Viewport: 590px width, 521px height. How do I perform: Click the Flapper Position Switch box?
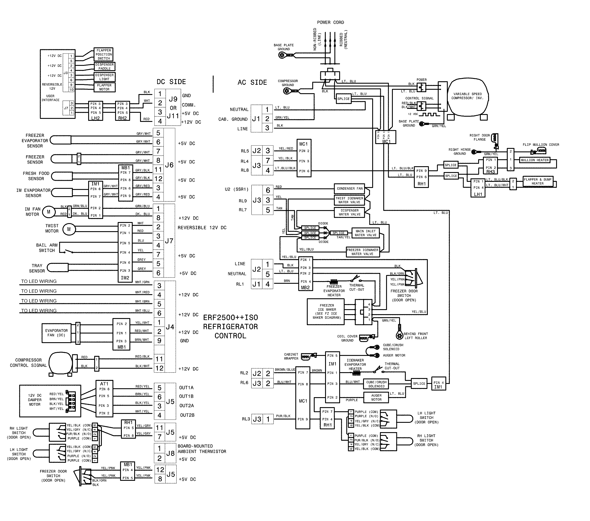[104, 54]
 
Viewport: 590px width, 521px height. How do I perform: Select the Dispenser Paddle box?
[104, 66]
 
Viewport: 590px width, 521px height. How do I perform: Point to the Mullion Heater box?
[535, 160]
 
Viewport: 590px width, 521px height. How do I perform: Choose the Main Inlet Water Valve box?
[365, 233]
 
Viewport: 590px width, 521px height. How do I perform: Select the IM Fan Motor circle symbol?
[48, 212]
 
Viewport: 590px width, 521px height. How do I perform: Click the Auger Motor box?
[376, 398]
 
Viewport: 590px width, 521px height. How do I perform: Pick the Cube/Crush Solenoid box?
[376, 384]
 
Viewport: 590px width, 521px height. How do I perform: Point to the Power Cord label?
[331, 22]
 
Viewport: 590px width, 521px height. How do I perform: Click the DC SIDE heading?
[171, 82]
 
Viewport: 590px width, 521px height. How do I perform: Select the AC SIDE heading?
[252, 83]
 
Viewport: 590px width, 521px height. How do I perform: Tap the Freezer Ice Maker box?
[326, 312]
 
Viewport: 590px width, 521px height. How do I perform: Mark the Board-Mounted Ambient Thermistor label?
[202, 449]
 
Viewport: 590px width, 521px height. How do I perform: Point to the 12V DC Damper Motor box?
[50, 401]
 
